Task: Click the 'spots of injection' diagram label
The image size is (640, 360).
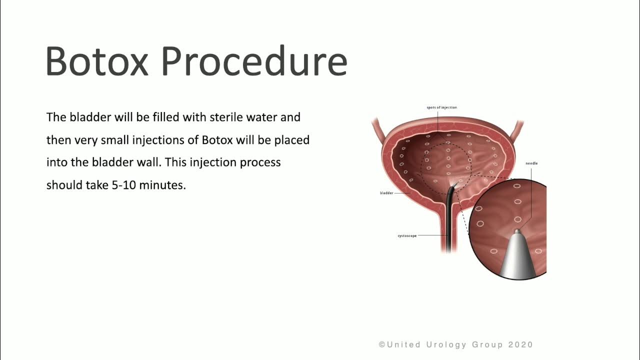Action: coord(441,107)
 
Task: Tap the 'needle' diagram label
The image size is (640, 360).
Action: coord(531,163)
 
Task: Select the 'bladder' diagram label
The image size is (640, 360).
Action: coord(386,193)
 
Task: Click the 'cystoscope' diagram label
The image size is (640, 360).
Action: coord(407,236)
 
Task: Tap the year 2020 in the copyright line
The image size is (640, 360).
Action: coord(520,344)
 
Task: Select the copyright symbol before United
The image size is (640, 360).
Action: coord(382,344)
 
